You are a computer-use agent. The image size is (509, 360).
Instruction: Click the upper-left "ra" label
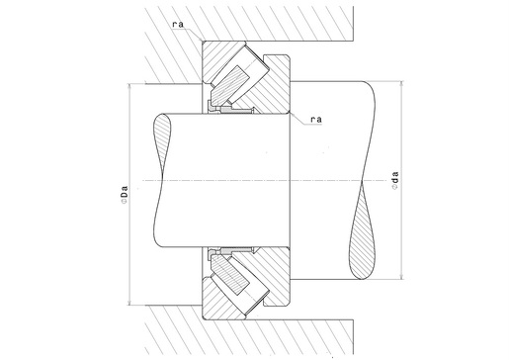tap(178, 25)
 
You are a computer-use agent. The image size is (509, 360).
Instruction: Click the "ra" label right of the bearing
tap(316, 120)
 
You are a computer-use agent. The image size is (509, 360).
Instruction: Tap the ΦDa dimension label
tap(124, 195)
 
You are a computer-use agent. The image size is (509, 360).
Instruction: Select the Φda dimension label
tap(395, 180)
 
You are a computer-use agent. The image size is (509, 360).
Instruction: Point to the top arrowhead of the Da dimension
tap(129, 86)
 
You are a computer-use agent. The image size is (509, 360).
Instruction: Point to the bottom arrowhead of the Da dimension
tap(129, 303)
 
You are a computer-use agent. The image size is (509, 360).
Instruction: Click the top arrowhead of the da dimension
tap(401, 84)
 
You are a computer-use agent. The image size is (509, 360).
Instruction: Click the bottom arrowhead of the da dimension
tap(401, 276)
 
